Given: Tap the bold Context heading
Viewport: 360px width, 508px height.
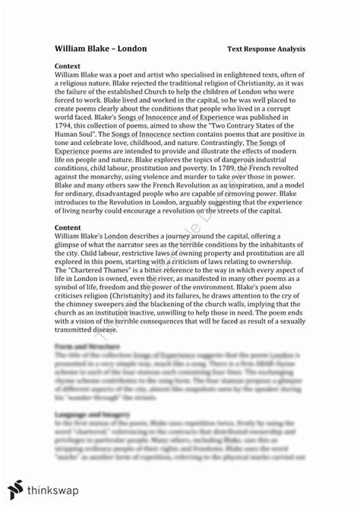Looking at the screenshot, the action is pos(71,65).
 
